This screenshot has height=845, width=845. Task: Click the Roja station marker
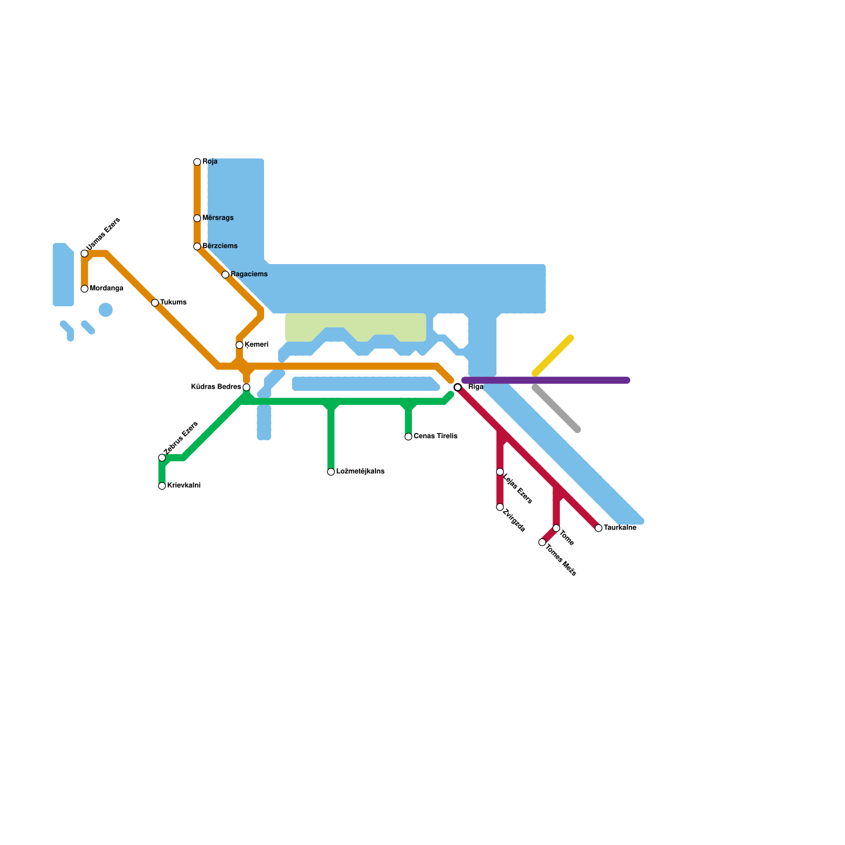tap(197, 162)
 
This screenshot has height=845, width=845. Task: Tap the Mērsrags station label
tap(218, 218)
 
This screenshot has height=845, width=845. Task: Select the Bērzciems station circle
tap(197, 247)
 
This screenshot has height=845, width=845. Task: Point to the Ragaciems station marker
tap(226, 275)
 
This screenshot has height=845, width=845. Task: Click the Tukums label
tap(173, 303)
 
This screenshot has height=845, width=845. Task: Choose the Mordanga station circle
tap(84, 289)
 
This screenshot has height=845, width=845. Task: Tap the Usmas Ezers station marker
tap(84, 253)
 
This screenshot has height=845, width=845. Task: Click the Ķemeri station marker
tap(239, 345)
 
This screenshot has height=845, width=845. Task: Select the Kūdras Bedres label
tap(215, 387)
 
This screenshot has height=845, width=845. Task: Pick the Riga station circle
tap(458, 387)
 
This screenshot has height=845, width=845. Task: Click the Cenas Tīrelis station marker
tap(408, 437)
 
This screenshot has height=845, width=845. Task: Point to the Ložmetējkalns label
tap(360, 472)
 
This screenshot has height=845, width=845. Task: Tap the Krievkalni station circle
tap(162, 486)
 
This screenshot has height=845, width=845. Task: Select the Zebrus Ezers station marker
tap(162, 458)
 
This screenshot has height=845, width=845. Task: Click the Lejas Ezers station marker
tap(500, 472)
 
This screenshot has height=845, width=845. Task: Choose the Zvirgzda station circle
tap(500, 507)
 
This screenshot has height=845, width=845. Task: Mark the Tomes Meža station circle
tap(542, 542)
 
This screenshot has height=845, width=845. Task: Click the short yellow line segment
tap(553, 356)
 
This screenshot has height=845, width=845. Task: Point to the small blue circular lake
tap(106, 310)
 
